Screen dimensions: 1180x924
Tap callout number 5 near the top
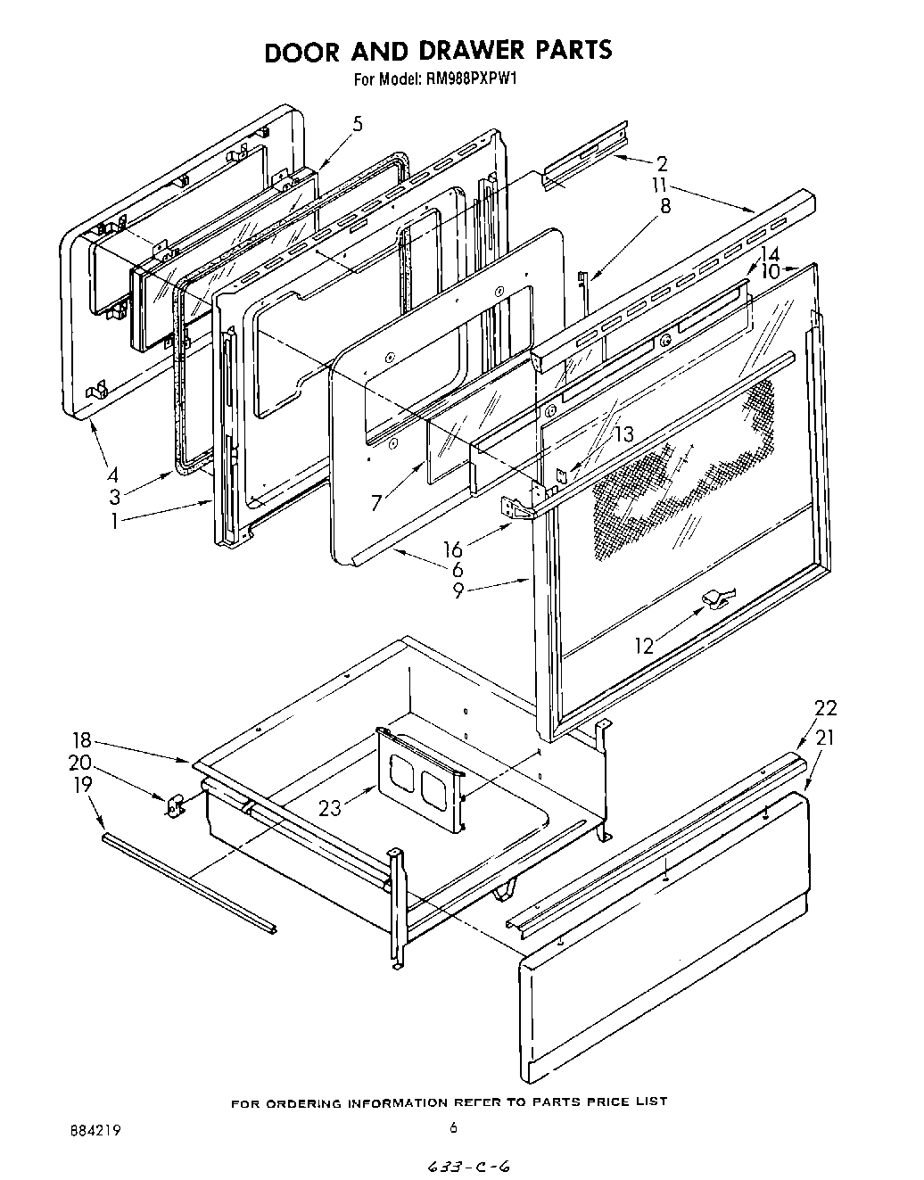coord(357,124)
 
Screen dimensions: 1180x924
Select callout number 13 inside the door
coord(623,434)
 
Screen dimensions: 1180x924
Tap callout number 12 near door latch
coord(644,645)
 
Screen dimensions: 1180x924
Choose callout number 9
coord(458,590)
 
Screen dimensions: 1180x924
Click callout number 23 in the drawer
coord(330,808)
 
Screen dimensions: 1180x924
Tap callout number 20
coord(80,763)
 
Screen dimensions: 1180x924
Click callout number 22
coord(825,708)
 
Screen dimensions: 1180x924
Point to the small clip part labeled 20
coord(174,804)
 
